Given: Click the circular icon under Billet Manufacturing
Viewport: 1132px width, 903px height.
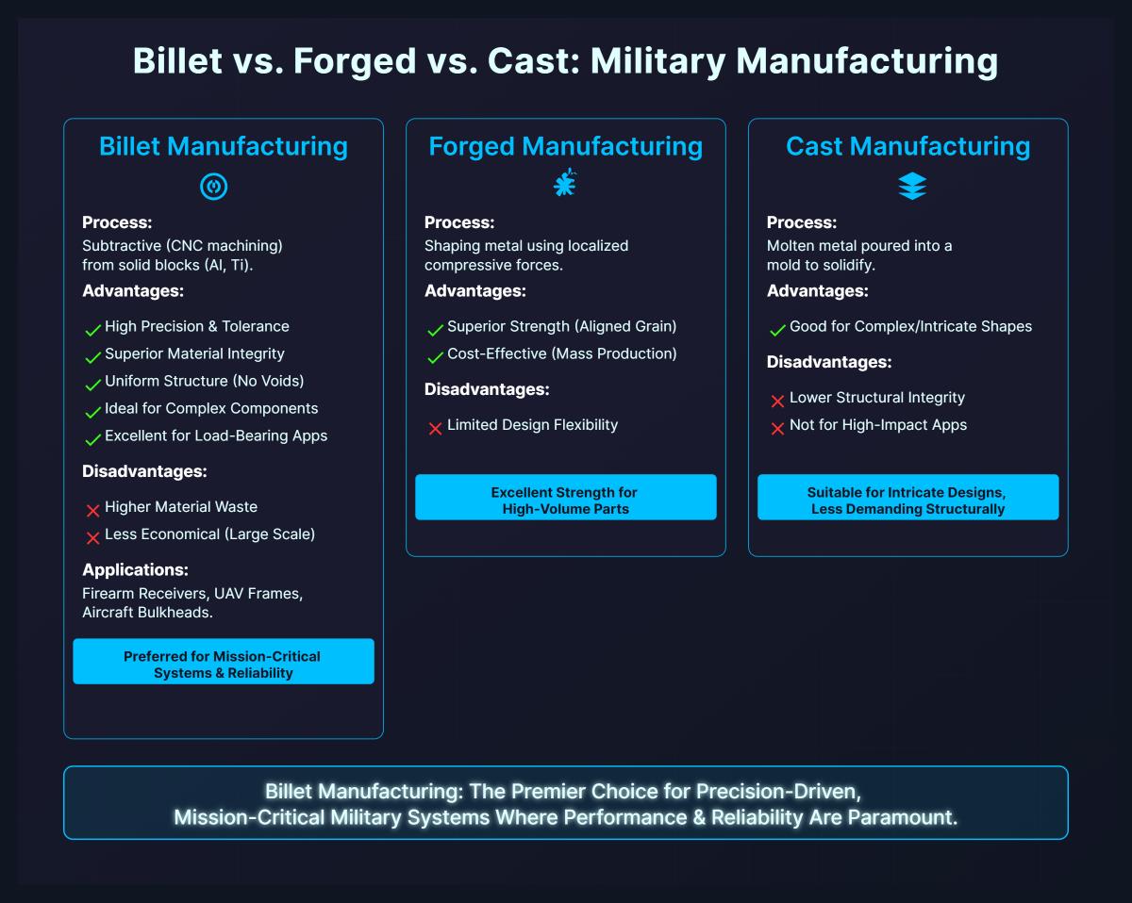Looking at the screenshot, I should pos(214,187).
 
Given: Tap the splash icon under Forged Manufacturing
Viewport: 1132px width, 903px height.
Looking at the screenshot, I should pos(564,185).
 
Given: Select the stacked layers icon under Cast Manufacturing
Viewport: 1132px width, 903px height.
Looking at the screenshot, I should pos(911,187).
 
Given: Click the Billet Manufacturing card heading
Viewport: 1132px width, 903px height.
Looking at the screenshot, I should pos(224,146).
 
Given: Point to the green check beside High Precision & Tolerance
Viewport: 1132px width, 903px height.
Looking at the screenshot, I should pos(92,330).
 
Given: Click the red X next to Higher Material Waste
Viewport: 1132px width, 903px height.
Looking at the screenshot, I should pos(92,510).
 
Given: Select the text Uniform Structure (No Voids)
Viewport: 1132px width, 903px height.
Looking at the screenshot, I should pos(204,381).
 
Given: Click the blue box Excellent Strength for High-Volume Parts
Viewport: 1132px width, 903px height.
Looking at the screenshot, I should pos(565,500).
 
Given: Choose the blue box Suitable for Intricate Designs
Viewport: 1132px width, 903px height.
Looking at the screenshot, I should pos(907,500).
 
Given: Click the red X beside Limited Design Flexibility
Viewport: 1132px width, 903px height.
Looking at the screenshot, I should pos(435,428).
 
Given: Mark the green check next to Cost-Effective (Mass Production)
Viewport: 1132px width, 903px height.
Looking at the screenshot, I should pos(435,357).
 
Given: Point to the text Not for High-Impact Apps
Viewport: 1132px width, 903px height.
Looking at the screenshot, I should pos(877,425).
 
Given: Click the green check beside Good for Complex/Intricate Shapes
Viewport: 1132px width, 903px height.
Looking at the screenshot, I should pos(777,330).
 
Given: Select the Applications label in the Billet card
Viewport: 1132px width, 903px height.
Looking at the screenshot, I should pos(135,570).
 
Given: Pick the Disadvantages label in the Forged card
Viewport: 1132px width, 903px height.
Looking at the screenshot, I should pos(486,389).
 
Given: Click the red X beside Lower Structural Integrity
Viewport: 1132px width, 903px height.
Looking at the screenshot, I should pos(777,401).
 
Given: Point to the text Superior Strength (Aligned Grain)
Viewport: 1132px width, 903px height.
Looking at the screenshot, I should pos(561,326).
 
